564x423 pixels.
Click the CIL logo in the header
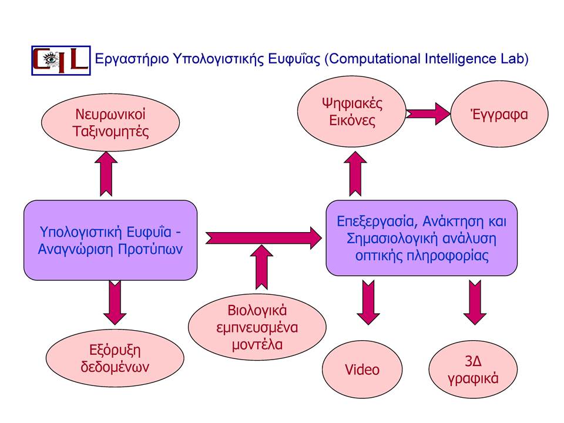61,61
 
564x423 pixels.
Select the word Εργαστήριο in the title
132,59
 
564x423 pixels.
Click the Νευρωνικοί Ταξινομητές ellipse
110,122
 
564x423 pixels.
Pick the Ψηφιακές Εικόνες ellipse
352,112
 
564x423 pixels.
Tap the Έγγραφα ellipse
499,114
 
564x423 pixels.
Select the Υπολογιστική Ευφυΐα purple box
110,240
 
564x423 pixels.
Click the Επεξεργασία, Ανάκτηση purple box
422,238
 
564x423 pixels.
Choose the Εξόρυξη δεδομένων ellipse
115,358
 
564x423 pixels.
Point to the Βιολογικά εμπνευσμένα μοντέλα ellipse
257,327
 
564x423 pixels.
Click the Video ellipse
362,370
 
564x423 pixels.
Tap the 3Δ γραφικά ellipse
473,370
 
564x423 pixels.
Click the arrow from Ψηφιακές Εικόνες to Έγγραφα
428,113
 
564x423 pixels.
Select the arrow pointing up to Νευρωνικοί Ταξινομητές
106,174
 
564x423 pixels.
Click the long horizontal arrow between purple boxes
264,238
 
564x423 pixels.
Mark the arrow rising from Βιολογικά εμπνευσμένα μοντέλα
261,267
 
